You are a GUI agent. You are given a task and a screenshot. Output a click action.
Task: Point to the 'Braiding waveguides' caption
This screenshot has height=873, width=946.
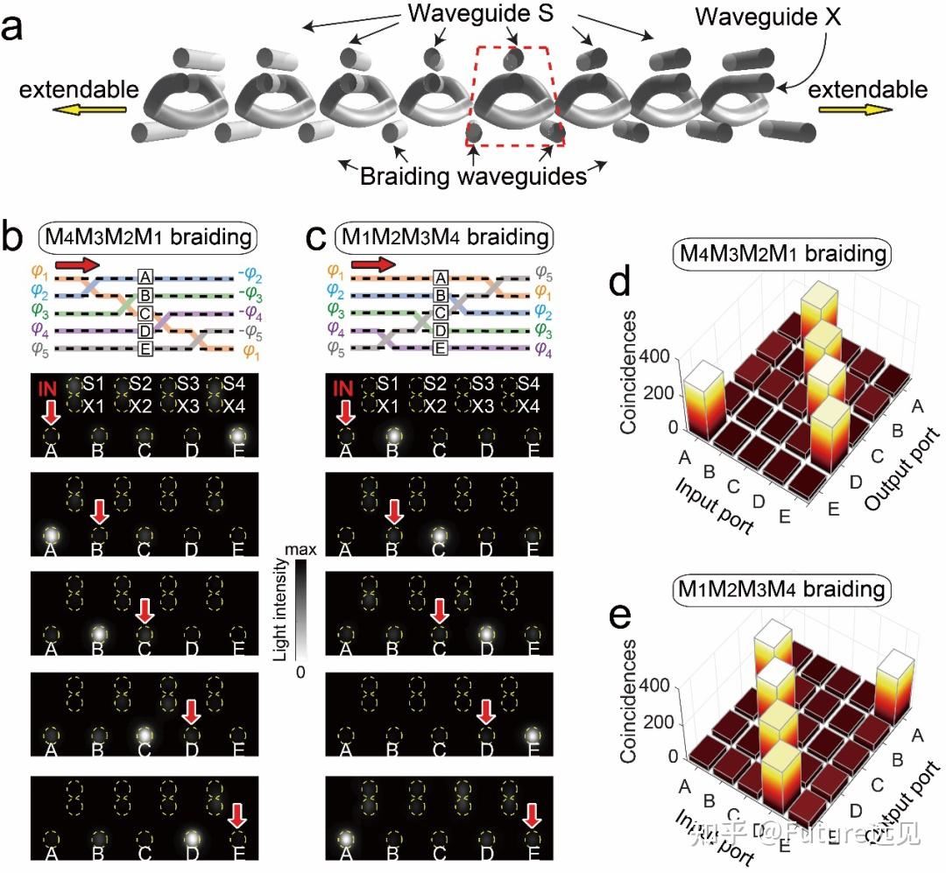click(x=473, y=176)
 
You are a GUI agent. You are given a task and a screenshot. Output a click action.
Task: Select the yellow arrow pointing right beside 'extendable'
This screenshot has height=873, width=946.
click(x=857, y=110)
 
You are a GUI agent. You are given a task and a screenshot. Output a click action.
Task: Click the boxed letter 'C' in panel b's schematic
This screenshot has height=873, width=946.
click(x=145, y=314)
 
